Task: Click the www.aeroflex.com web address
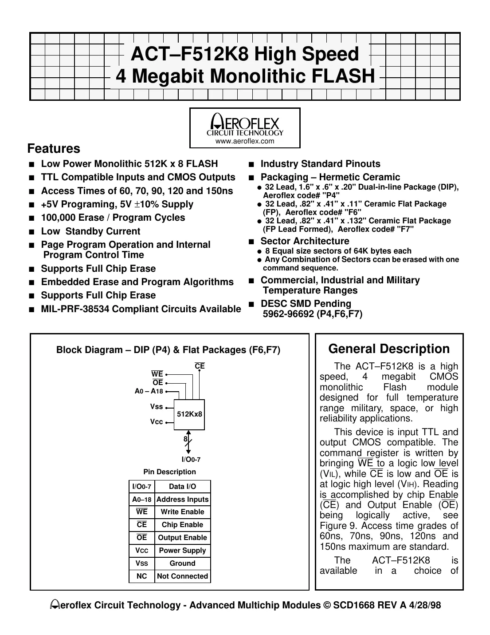[245, 141]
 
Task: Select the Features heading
[54, 148]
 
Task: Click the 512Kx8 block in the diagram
[189, 414]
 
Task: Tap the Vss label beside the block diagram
[157, 407]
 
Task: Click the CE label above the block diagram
[200, 366]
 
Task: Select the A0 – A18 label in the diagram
[149, 391]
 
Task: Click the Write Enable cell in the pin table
[182, 512]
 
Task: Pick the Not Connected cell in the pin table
[182, 576]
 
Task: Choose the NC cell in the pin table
[141, 576]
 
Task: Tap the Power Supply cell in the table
[182, 550]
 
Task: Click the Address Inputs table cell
[182, 499]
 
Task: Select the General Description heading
[389, 349]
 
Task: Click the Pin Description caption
[169, 472]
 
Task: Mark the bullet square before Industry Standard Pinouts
[251, 165]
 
